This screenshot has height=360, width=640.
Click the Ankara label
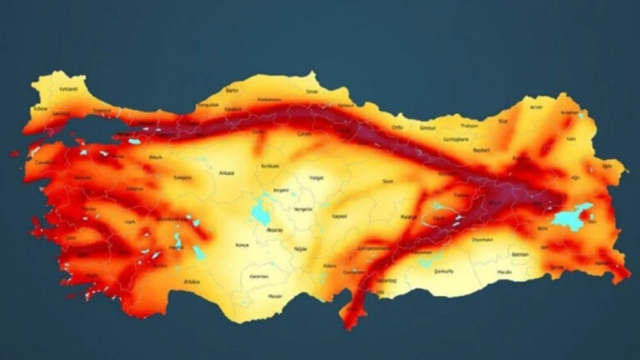(x=227, y=173)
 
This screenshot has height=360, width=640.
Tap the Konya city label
(x=242, y=245)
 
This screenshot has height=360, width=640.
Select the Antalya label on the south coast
(x=193, y=281)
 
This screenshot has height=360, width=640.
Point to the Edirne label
(x=40, y=108)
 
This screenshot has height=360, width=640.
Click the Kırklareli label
(x=68, y=88)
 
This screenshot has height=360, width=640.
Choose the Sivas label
(x=387, y=180)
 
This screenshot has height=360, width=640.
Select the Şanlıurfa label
(x=446, y=271)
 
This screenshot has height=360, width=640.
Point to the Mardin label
(x=505, y=271)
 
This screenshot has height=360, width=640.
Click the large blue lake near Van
(x=572, y=218)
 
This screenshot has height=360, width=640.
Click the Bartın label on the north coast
(x=232, y=89)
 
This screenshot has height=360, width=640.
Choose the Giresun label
(x=427, y=128)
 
